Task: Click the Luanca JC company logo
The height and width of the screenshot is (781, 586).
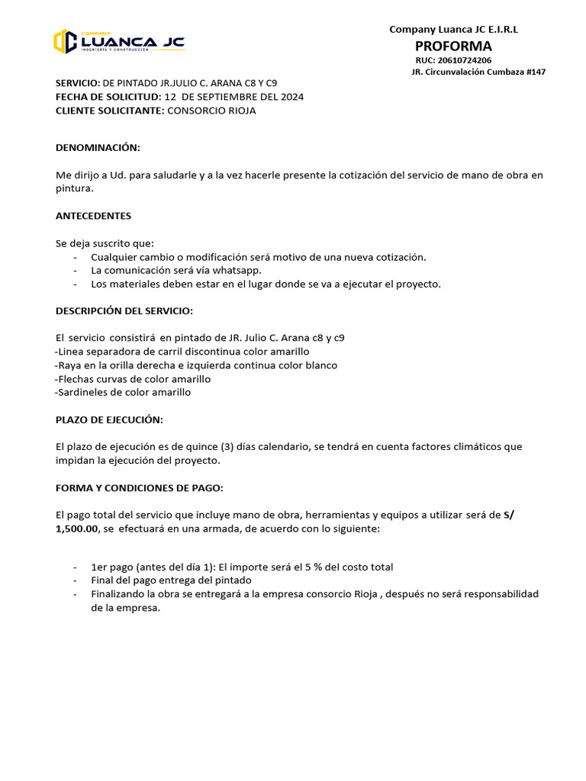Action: point(119,41)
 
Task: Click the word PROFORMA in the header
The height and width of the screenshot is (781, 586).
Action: point(453,46)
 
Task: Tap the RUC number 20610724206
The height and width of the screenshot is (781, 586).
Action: point(464,59)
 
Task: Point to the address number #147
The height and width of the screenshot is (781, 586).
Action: point(535,72)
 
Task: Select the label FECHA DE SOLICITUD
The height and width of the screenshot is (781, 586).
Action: point(107,97)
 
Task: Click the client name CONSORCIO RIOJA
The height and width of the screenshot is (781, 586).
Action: point(211,111)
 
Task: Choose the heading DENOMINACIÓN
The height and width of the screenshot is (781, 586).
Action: point(98,147)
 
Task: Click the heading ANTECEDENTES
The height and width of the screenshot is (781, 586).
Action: point(93,216)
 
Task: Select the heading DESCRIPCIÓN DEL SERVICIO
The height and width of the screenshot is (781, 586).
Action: point(124,310)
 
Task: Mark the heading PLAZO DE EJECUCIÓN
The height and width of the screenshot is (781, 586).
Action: point(109,420)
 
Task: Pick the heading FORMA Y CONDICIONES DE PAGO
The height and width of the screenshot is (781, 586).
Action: point(139,487)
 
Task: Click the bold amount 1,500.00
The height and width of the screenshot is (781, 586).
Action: point(77,529)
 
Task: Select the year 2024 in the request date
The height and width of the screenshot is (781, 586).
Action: point(291,97)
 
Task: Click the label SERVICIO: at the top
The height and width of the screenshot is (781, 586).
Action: point(78,83)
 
